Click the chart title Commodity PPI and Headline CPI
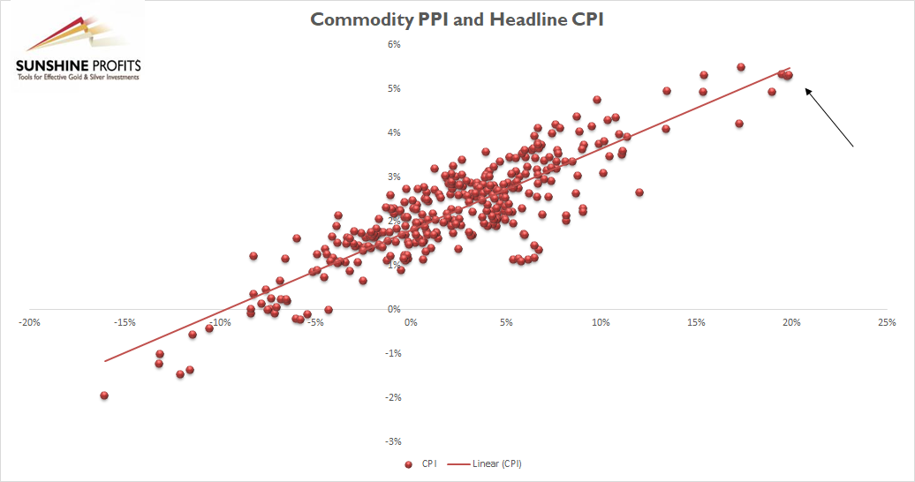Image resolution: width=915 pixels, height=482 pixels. (x=457, y=19)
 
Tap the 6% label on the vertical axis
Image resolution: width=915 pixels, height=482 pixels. (x=395, y=44)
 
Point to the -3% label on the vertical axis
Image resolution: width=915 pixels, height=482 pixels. (x=393, y=441)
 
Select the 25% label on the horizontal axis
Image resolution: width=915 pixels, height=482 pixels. (x=886, y=322)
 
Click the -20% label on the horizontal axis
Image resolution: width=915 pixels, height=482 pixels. (x=29, y=322)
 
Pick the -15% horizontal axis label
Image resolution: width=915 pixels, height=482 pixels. (x=125, y=322)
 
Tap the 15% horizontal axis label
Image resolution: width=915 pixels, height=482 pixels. (x=696, y=322)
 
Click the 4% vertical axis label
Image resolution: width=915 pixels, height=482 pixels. (x=395, y=132)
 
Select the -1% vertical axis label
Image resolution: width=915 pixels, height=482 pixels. (x=393, y=353)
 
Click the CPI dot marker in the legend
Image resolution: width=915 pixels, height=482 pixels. (x=408, y=463)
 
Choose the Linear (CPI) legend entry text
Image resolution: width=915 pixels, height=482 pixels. (x=503, y=463)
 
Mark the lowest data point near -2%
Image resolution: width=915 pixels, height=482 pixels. (x=104, y=395)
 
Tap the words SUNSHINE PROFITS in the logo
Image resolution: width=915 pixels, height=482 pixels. (x=78, y=65)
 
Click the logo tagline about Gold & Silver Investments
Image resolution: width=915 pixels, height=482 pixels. (x=78, y=78)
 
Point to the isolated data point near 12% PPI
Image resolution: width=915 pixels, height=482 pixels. (x=639, y=192)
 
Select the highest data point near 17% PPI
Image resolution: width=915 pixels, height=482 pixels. (x=741, y=67)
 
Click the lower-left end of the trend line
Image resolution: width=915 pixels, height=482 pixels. (x=105, y=360)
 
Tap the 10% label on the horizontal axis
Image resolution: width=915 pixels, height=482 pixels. (x=601, y=322)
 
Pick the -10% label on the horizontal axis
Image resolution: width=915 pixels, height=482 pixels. (x=219, y=322)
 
